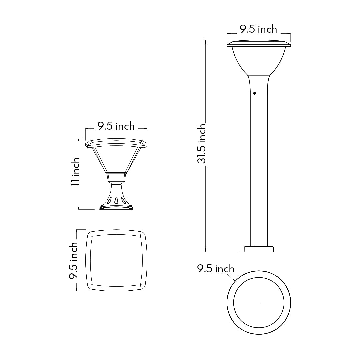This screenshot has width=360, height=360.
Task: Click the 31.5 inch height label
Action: coord(201,144)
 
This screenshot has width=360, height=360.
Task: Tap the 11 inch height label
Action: coord(75,171)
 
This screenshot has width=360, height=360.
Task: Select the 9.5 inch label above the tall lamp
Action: coord(258,29)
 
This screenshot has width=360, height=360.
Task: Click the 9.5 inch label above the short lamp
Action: coord(116,126)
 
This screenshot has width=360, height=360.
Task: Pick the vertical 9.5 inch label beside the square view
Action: coord(73,260)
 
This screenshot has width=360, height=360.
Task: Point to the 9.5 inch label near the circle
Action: coord(216,269)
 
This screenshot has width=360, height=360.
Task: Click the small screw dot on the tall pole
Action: coord(254,93)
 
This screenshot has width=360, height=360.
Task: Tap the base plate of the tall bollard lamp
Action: coord(259,249)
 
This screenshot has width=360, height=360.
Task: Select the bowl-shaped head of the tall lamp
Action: coord(259,60)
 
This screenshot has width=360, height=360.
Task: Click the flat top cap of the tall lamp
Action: coord(259,44)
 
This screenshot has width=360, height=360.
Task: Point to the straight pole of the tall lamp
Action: coord(259,167)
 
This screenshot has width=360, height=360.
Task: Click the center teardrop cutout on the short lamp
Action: coord(116,200)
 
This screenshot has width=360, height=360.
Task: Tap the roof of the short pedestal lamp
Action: coord(116,143)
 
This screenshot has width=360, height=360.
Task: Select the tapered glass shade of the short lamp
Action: coord(116,160)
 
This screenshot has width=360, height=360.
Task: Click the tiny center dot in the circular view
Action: coord(259,302)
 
